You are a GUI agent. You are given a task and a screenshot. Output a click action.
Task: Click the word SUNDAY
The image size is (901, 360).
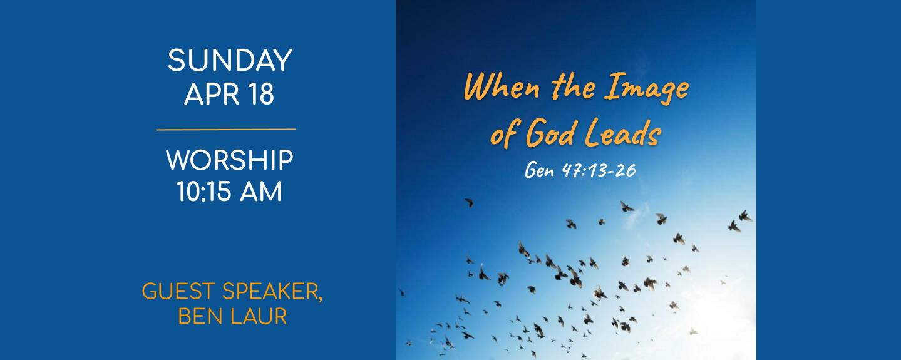[230, 60]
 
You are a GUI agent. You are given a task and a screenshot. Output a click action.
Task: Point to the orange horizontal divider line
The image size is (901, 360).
[226, 130]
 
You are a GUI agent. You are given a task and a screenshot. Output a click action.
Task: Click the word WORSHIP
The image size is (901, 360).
[230, 160]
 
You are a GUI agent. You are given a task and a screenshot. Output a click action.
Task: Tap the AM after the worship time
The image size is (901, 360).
[261, 192]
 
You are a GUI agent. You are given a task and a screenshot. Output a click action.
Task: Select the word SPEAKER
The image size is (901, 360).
[272, 292]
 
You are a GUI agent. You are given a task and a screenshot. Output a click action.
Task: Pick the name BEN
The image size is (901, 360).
[198, 316]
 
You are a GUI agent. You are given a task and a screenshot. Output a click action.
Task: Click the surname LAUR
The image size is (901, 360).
[259, 316]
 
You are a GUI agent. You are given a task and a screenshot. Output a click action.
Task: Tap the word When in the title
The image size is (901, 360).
[502, 87]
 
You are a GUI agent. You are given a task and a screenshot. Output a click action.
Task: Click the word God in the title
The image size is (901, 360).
[550, 133]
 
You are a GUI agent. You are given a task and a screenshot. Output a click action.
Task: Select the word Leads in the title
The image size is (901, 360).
[622, 133]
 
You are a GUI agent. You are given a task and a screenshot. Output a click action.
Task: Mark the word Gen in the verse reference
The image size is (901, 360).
[539, 170]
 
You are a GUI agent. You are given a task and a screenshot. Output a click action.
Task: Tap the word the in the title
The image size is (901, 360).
[572, 87]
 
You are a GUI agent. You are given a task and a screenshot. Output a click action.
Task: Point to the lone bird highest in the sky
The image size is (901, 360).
[469, 202]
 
